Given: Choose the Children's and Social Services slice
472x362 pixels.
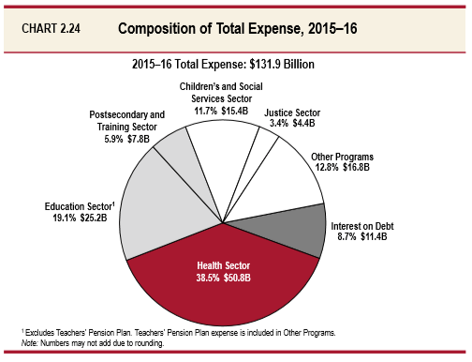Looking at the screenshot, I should tap(221, 159).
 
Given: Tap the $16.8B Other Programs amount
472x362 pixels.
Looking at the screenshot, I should tap(351, 167).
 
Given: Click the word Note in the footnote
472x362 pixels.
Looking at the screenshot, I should tap(29, 342).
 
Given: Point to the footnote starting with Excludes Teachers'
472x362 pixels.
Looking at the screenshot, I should tap(178, 332).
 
